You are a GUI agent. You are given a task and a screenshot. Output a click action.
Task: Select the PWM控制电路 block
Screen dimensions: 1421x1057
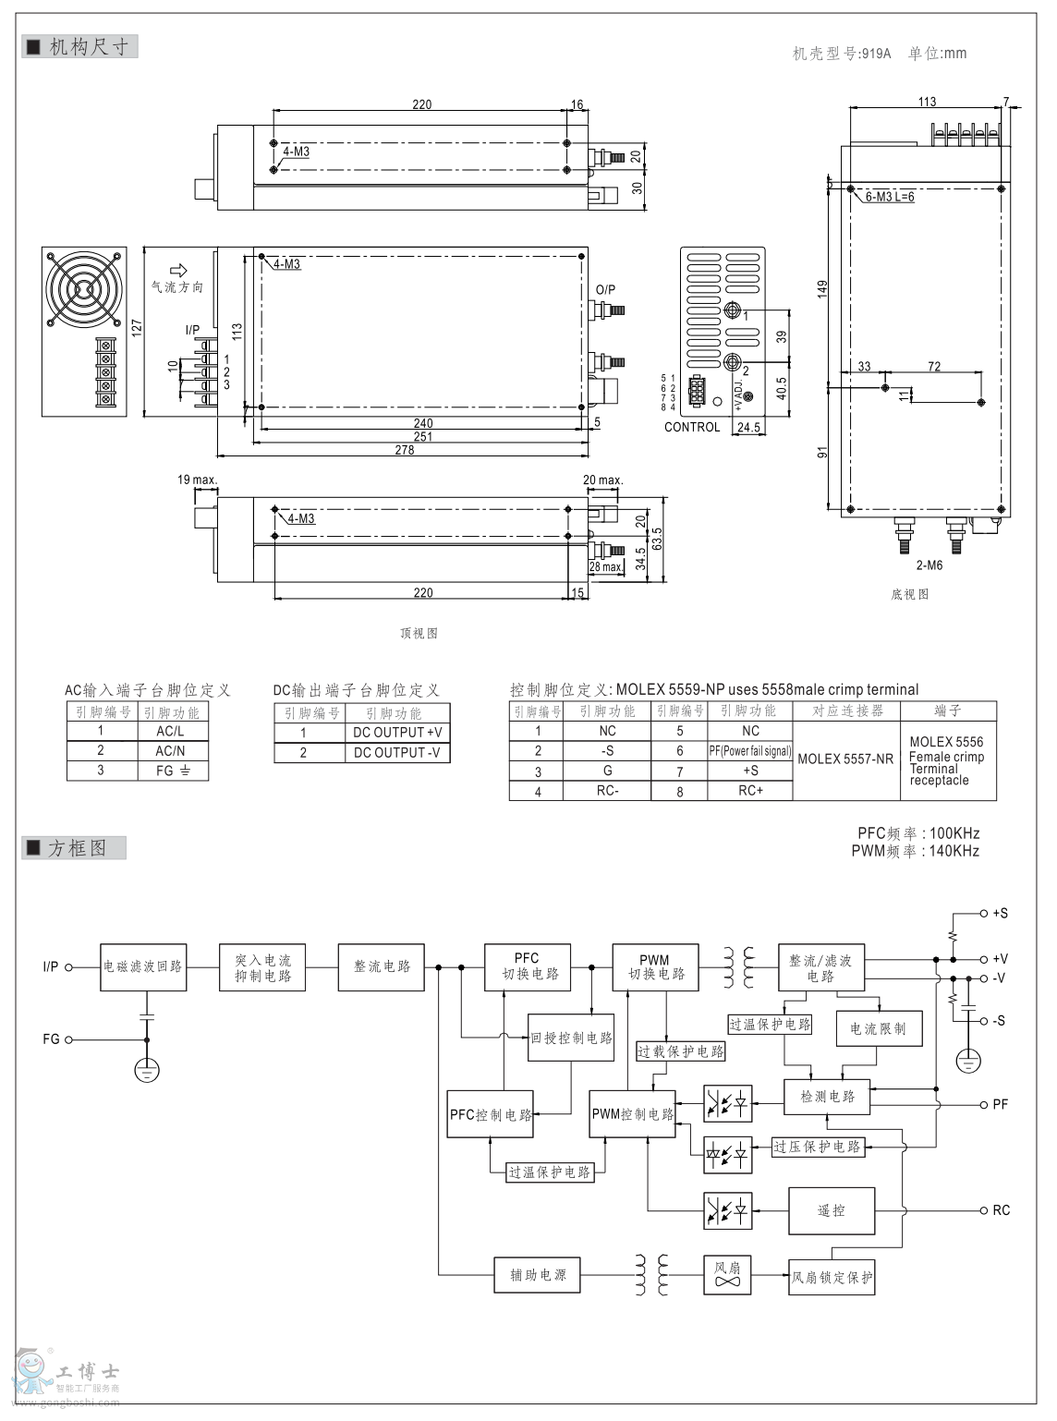pyautogui.click(x=633, y=1114)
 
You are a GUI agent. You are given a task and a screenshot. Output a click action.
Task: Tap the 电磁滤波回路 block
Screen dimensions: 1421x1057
pyautogui.click(x=142, y=966)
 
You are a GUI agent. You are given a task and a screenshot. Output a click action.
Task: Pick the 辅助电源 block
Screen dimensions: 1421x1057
pyautogui.click(x=538, y=1275)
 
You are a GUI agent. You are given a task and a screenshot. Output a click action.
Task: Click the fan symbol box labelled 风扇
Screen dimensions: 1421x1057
pyautogui.click(x=727, y=1275)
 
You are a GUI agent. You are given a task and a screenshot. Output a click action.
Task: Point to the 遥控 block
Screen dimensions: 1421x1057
pyautogui.click(x=831, y=1210)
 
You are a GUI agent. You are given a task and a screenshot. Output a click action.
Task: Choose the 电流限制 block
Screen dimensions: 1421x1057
pyautogui.click(x=879, y=1028)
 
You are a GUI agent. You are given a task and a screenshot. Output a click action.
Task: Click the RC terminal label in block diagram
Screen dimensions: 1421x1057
pyautogui.click(x=1001, y=1210)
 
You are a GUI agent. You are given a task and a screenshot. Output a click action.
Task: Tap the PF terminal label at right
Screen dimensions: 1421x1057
pyautogui.click(x=1000, y=1104)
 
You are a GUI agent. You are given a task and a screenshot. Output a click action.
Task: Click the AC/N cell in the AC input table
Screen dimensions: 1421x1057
pyautogui.click(x=170, y=751)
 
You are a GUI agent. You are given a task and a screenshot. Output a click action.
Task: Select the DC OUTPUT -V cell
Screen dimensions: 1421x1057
pyautogui.click(x=397, y=753)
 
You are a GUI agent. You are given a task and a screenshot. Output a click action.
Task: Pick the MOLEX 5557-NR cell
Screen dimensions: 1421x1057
pyautogui.click(x=845, y=759)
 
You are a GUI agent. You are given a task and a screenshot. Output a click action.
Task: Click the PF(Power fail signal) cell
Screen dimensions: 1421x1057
pyautogui.click(x=750, y=751)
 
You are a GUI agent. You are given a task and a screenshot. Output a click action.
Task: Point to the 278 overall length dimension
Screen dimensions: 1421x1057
pyautogui.click(x=404, y=450)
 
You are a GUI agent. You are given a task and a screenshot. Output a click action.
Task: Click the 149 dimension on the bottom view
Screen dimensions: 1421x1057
pyautogui.click(x=822, y=289)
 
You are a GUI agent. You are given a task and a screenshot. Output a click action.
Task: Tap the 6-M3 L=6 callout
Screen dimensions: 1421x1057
pyautogui.click(x=890, y=197)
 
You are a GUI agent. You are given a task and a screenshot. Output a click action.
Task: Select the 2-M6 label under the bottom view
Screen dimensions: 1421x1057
pyautogui.click(x=929, y=565)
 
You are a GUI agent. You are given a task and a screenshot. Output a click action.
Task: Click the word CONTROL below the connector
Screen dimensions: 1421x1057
pyautogui.click(x=691, y=427)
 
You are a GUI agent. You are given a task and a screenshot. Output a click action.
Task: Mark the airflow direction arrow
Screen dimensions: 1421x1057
pyautogui.click(x=179, y=270)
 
